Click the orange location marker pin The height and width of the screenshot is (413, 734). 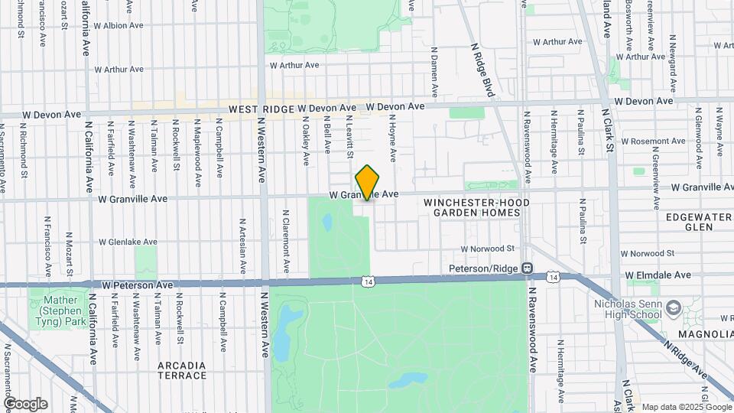(367, 182)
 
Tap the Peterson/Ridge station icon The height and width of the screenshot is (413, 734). (528, 268)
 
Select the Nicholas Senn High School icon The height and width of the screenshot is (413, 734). (674, 307)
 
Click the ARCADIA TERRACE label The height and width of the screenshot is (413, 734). (182, 370)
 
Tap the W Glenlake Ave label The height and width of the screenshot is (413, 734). (128, 242)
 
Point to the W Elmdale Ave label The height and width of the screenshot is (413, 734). (658, 274)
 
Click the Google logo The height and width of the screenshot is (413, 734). (25, 403)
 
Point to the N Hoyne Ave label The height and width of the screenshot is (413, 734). (393, 138)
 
